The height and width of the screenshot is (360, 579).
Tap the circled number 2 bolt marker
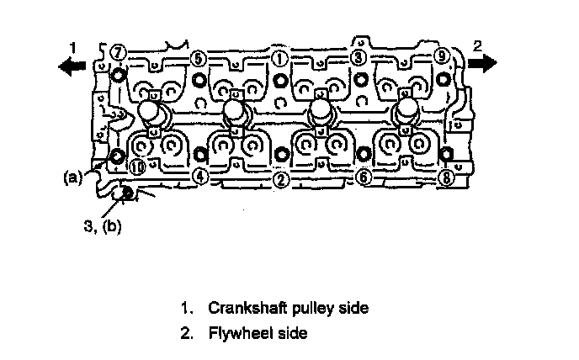tap(281, 180)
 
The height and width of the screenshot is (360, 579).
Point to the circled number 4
tap(200, 177)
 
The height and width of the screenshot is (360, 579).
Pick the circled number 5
tap(199, 58)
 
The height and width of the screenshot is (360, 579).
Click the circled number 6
tap(364, 177)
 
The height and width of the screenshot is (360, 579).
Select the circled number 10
tap(137, 168)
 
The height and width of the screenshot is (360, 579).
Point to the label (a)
tap(72, 177)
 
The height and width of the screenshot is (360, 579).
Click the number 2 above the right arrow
tap(477, 45)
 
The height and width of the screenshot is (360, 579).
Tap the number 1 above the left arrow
tap(72, 47)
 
